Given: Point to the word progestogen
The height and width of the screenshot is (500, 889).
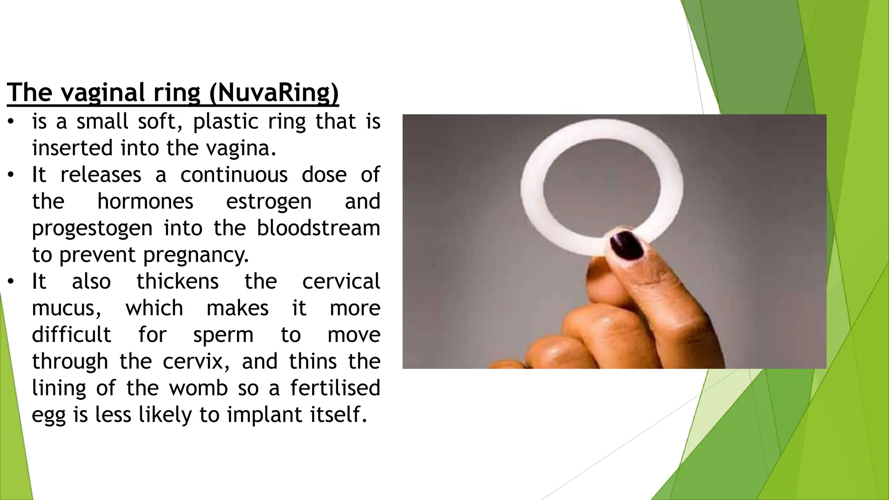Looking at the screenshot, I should [x=92, y=229].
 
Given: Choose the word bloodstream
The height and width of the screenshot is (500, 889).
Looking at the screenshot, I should [x=318, y=228].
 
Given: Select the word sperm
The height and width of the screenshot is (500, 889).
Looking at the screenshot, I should [x=223, y=335].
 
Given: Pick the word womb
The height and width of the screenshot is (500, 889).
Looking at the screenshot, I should [x=198, y=388].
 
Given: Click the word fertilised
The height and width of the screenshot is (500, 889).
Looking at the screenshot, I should [x=335, y=388].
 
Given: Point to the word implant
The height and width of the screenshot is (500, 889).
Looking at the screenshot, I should [x=264, y=414].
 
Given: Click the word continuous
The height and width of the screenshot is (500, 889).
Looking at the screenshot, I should [x=234, y=175].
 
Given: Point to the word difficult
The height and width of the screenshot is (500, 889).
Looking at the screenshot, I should [x=72, y=335].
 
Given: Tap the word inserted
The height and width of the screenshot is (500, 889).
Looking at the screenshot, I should [x=72, y=148].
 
